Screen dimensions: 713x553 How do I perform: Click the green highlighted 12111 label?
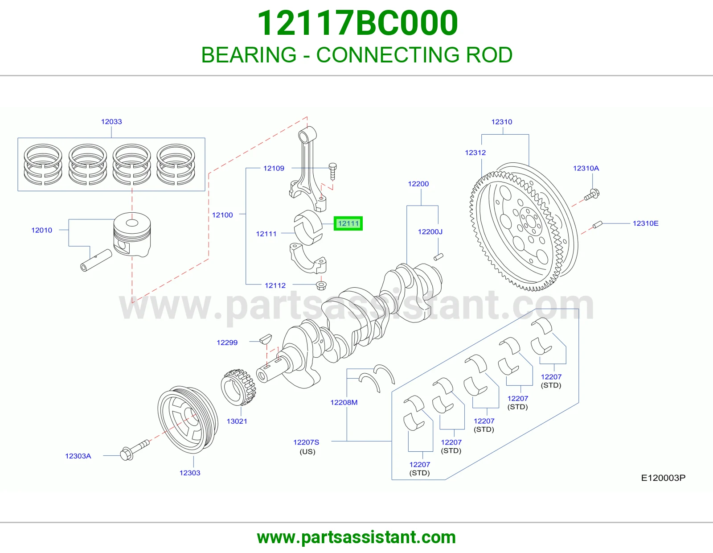pos(348,223)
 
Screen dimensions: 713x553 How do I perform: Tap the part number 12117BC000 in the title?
pos(357,23)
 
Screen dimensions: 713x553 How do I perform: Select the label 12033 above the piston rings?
pos(111,121)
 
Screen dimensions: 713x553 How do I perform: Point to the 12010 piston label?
pos(42,230)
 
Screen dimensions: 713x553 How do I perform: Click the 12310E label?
pos(645,223)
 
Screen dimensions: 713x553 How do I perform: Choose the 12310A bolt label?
pos(586,168)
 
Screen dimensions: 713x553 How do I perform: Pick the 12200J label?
pos(430,232)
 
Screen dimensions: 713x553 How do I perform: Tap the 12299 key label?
pos(227,343)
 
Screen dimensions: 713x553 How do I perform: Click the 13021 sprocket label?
pos(237,421)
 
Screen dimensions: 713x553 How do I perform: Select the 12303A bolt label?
pos(78,456)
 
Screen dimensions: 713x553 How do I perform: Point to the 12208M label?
pos(344,402)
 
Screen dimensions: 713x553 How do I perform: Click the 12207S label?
pos(306,442)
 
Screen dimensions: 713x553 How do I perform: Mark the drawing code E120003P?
pos(663,478)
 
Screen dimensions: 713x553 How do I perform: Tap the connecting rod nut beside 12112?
pos(321,285)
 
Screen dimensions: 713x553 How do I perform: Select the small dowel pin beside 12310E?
pos(598,225)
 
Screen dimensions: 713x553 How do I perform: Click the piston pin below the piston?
pos(96,260)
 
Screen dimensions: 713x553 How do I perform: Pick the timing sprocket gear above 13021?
pos(238,387)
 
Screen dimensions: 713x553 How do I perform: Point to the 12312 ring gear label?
pos(475,153)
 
